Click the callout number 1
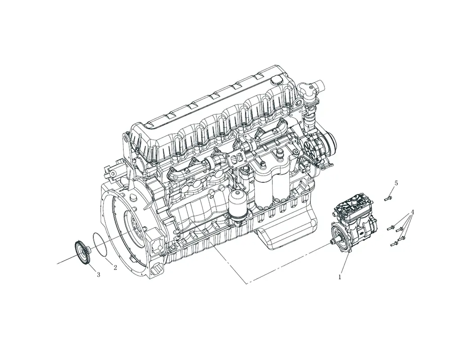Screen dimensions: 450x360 (340, 277)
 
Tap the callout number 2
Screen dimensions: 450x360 (115, 268)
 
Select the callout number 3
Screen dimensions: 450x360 (99, 275)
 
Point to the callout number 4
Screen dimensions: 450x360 (413, 213)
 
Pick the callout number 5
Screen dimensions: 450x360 (396, 183)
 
